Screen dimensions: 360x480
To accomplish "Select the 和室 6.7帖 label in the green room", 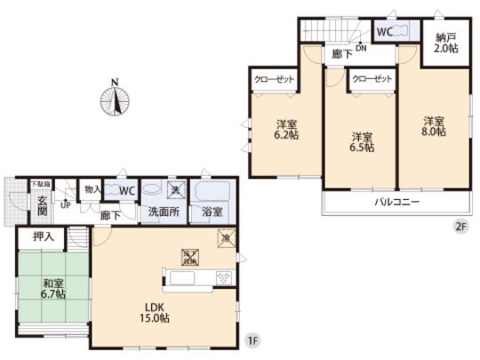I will pos(52,291).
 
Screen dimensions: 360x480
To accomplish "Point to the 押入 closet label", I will pos(44,237).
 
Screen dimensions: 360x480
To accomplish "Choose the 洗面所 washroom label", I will pos(164,213).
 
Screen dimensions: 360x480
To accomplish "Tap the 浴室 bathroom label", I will pos(212,213).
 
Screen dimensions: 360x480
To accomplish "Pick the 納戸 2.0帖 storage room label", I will pos(446,44).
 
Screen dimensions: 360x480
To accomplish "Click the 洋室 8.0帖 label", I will pos(433,126).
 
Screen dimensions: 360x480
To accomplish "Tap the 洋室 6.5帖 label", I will pos(360,143).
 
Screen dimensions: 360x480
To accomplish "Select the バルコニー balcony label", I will pos(396,203).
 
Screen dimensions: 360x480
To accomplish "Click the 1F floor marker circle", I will pos(252,341).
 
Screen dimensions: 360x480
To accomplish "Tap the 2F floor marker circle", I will pos(460,226).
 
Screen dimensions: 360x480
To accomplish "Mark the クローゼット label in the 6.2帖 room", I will pos(270,79).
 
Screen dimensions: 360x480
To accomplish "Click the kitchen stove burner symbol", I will pos(222,278).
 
